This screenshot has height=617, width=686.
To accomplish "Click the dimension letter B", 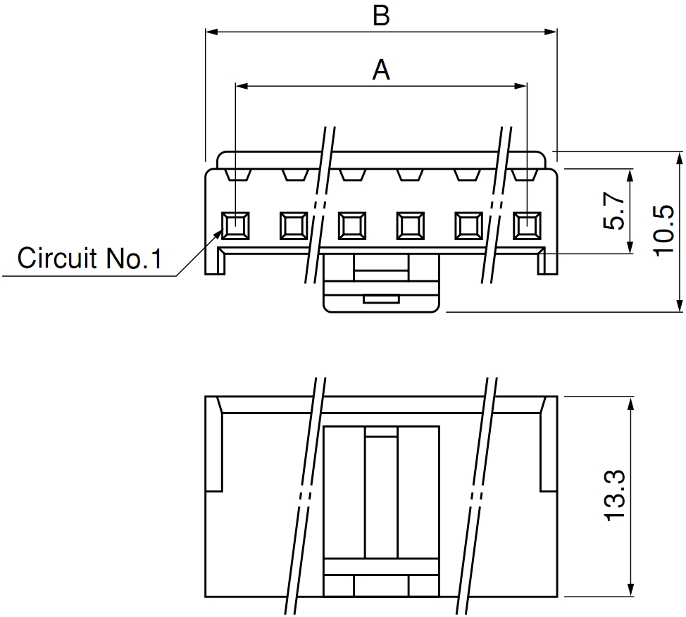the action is pyautogui.click(x=381, y=15).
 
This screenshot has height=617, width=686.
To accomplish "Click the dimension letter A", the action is pyautogui.click(x=381, y=70).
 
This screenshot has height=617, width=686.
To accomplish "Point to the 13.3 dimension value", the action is pyautogui.click(x=615, y=495).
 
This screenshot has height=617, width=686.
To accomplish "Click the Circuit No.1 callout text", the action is pyautogui.click(x=89, y=258).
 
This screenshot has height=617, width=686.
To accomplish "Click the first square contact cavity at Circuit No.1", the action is pyautogui.click(x=235, y=226).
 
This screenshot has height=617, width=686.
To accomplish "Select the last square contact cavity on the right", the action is pyautogui.click(x=528, y=226).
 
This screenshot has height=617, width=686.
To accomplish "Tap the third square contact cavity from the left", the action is pyautogui.click(x=352, y=226).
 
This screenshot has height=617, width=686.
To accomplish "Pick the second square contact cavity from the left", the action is pyautogui.click(x=294, y=226).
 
